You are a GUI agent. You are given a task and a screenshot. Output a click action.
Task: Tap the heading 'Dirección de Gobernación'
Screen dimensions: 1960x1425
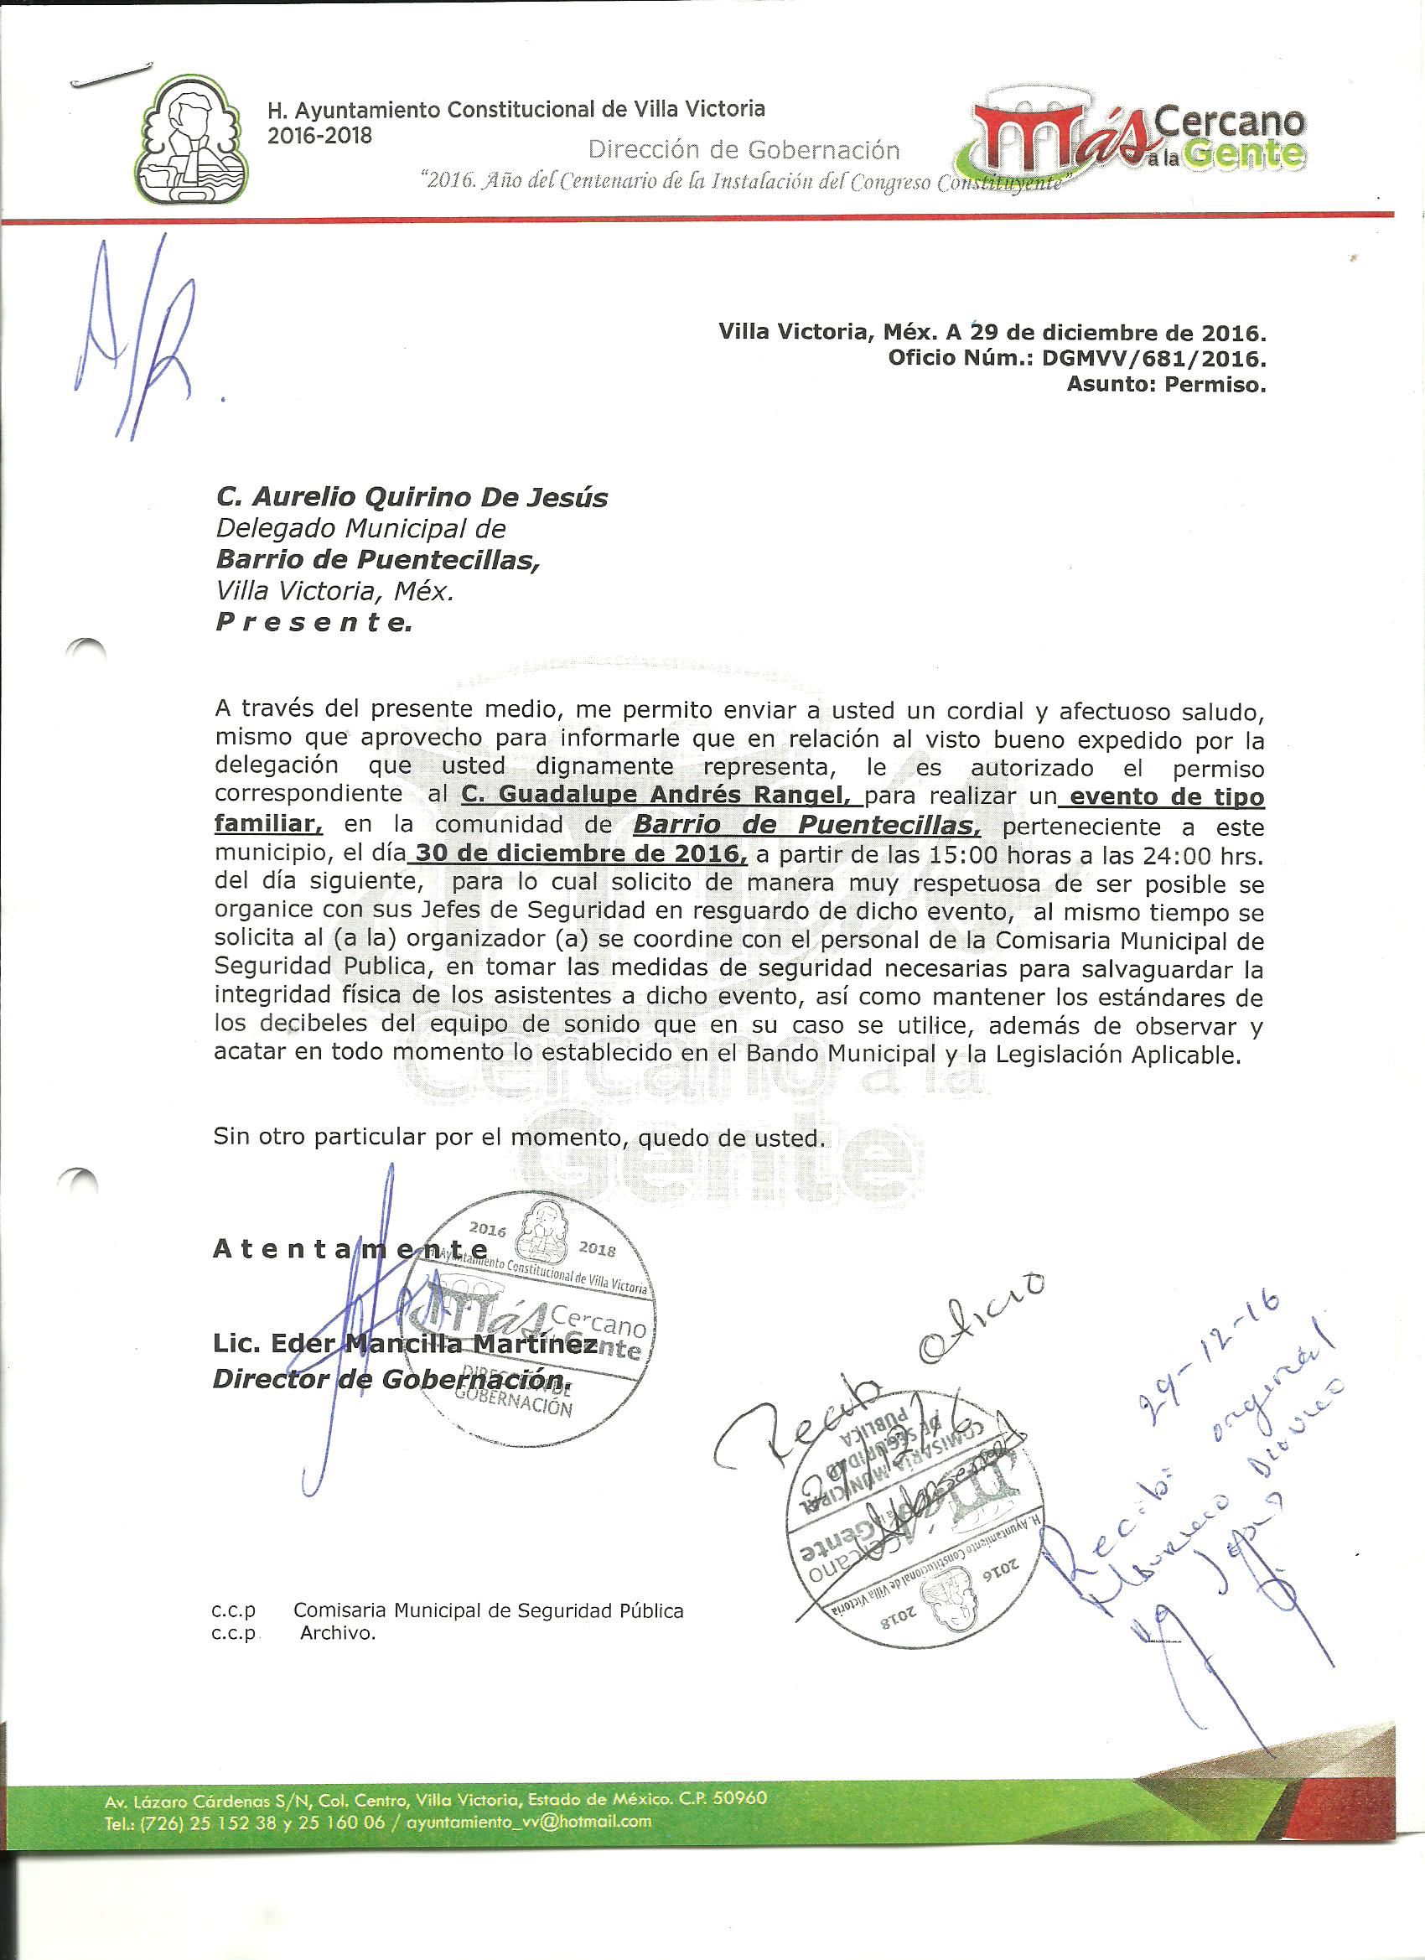[744, 150]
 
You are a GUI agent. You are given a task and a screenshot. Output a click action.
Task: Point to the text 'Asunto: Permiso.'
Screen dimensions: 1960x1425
[1166, 385]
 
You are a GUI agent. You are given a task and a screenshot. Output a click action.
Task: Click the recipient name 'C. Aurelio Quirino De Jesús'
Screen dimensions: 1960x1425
[412, 498]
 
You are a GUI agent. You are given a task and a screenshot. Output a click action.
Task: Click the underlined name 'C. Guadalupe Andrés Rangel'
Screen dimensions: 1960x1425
[661, 796]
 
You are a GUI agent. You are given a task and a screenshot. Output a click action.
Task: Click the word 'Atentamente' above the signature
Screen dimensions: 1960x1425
[350, 1249]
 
